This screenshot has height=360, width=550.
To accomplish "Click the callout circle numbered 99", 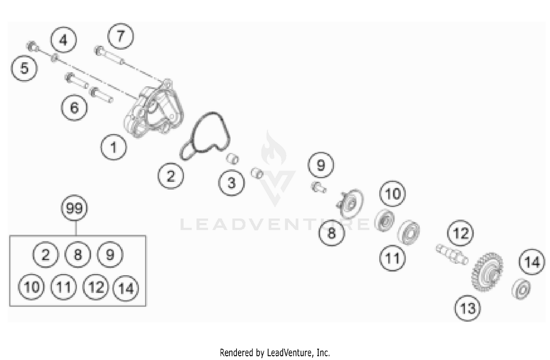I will (x=74, y=208).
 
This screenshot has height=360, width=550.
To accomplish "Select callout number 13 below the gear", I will (x=467, y=308).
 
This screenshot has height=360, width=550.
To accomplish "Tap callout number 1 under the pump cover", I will (x=113, y=147).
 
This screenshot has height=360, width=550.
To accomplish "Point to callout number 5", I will (x=24, y=68).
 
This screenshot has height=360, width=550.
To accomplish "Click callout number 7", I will (x=120, y=36).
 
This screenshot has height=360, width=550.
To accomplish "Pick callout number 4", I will (x=63, y=40).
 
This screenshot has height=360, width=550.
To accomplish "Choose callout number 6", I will (x=74, y=108).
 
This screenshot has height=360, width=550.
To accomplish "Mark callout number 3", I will (x=231, y=182).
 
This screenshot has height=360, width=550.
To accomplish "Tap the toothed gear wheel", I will (x=487, y=271).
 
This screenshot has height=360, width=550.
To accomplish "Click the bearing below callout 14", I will (x=521, y=288).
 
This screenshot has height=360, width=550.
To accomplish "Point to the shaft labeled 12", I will (x=452, y=254).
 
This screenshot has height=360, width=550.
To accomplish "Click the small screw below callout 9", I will (x=318, y=187).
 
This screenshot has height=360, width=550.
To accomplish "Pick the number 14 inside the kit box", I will (x=126, y=288).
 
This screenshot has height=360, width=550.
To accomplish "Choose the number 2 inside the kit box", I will (x=45, y=255).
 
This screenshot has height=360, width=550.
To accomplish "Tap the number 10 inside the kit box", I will (x=32, y=287).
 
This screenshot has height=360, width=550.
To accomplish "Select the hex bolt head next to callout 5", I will (x=32, y=47).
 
